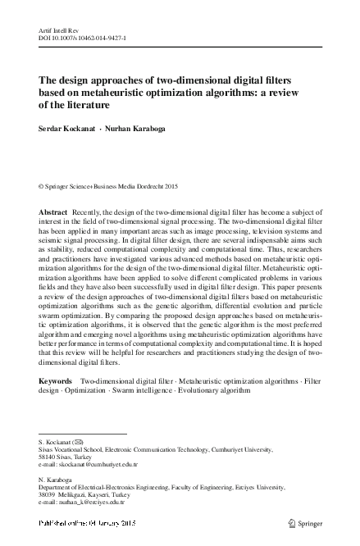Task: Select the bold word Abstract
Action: coord(54,212)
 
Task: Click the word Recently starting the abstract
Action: coord(89,212)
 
